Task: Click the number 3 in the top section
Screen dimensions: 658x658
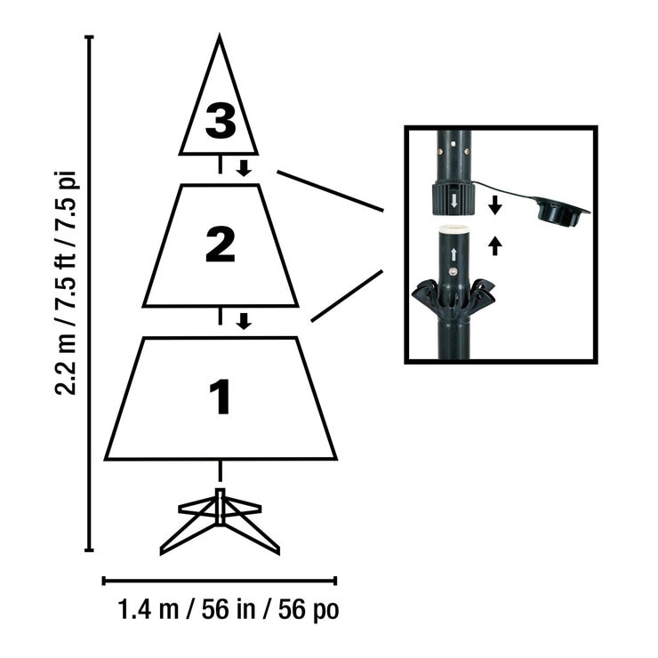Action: [220, 122]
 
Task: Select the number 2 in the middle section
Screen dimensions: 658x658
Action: [220, 245]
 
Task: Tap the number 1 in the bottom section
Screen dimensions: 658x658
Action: [220, 397]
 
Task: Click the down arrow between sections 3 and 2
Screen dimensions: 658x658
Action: [244, 168]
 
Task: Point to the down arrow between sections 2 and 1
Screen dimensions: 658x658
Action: [244, 320]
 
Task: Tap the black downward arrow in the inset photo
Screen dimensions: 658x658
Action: [495, 205]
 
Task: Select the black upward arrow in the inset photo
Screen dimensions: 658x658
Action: [495, 245]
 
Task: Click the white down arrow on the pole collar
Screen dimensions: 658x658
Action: [453, 200]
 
